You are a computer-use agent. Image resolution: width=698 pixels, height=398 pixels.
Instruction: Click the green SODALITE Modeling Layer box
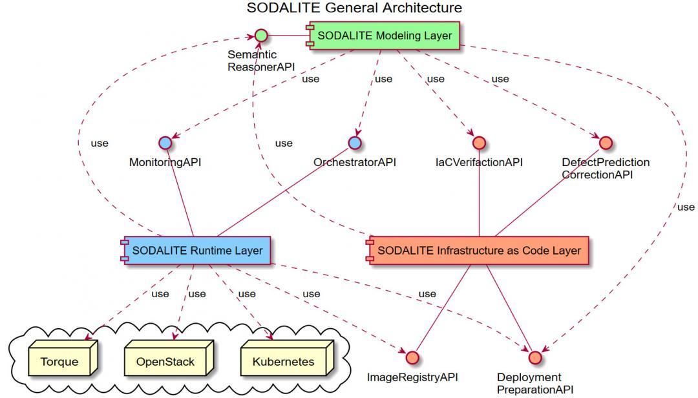click(384, 36)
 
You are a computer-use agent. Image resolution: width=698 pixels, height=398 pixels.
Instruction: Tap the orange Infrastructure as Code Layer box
click(478, 250)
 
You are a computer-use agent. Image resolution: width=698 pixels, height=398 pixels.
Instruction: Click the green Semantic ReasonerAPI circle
click(260, 35)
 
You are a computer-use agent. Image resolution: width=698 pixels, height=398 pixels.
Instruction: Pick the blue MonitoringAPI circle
click(165, 142)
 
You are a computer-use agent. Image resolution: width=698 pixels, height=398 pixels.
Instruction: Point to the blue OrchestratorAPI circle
click(354, 142)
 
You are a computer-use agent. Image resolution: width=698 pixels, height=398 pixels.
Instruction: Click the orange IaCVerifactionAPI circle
click(479, 142)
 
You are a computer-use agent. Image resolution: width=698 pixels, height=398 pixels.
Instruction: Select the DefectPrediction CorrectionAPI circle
click(605, 142)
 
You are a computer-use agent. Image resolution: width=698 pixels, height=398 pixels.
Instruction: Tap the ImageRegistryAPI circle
click(412, 357)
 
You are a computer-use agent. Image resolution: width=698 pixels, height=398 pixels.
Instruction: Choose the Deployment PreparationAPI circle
click(534, 357)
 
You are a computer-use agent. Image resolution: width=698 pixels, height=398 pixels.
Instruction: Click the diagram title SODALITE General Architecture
click(354, 8)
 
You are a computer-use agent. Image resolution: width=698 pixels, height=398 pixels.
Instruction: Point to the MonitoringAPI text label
click(165, 162)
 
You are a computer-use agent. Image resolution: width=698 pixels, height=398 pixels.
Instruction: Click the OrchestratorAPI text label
click(354, 162)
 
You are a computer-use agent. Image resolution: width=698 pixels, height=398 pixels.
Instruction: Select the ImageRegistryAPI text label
click(412, 377)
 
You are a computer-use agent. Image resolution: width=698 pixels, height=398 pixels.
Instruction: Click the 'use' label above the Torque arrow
click(160, 294)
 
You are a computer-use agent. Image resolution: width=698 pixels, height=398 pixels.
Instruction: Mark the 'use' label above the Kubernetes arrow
click(247, 294)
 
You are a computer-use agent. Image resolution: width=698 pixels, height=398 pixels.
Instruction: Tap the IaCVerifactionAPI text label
click(479, 162)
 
